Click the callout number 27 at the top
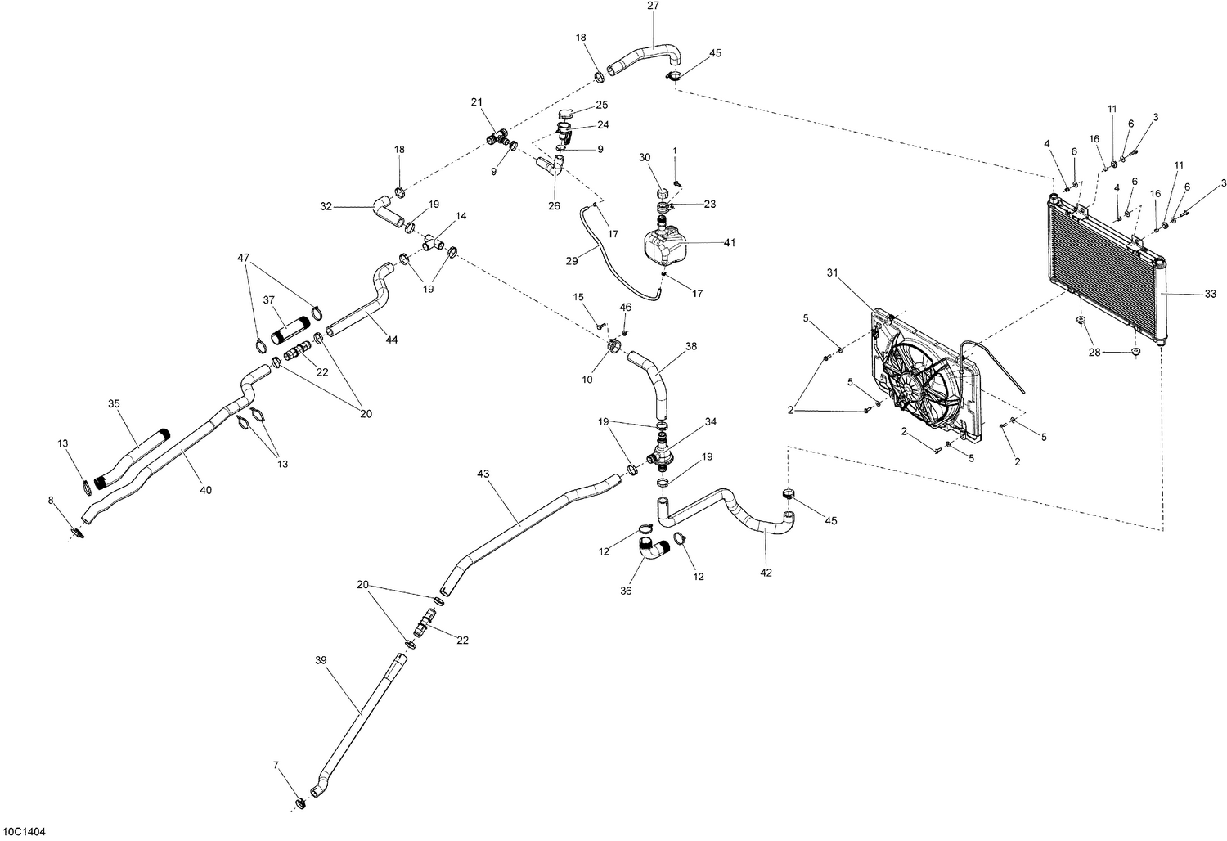point(652,6)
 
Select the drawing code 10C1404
point(24,831)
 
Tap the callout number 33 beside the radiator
point(1210,293)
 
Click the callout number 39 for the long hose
point(321,659)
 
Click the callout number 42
point(766,573)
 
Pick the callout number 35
point(114,403)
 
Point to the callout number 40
point(205,490)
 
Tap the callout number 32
point(326,208)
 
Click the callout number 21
point(477,102)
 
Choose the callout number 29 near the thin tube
point(572,260)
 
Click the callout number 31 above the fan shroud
point(833,272)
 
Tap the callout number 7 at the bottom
point(276,765)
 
